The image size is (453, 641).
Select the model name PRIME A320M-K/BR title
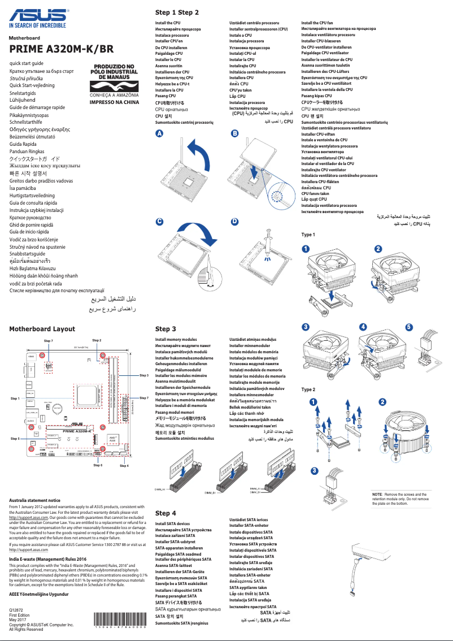pyautogui.click(x=57, y=49)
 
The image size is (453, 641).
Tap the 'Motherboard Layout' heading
pyautogui.click(x=42, y=328)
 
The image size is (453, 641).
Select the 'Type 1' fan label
pyautogui.click(x=308, y=234)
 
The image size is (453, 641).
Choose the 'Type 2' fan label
pyautogui.click(x=308, y=389)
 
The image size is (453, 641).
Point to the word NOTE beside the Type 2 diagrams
pyautogui.click(x=377, y=494)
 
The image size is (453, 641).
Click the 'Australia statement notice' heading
pyautogui.click(x=34, y=500)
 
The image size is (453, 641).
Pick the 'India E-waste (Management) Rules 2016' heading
pyautogui.click(x=44, y=559)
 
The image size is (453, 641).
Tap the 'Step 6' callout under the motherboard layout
pyautogui.click(x=98, y=465)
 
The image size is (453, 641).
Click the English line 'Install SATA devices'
pyautogui.click(x=172, y=524)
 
